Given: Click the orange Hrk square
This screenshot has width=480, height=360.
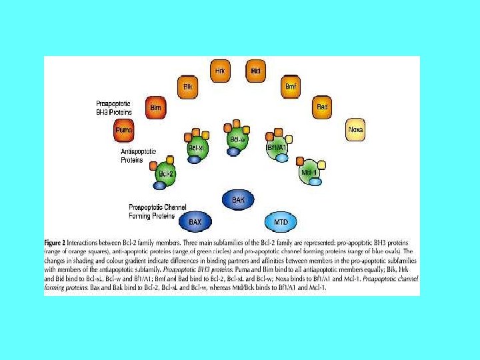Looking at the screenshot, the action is [x=220, y=69].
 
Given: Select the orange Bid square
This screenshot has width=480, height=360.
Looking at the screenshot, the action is [x=255, y=69].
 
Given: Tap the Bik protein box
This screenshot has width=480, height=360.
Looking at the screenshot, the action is [x=186, y=86].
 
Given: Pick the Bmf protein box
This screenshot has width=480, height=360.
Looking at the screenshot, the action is [x=291, y=86].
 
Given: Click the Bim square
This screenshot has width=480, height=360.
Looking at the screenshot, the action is [x=155, y=107].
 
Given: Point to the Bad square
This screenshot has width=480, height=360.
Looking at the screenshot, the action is [x=323, y=107].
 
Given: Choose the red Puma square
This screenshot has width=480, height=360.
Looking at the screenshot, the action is [x=124, y=130].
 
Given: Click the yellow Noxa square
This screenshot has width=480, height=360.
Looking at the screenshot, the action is [x=355, y=130].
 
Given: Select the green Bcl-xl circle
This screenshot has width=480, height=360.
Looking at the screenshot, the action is [x=196, y=147].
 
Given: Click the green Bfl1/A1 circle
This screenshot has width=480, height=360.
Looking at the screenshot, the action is [x=276, y=147].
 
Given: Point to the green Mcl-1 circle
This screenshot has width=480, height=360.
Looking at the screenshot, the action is [x=308, y=172].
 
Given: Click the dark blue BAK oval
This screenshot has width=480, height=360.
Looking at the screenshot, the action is [x=238, y=199].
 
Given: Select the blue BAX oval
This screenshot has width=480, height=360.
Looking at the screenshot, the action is [x=195, y=221].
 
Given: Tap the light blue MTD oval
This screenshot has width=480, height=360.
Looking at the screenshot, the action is [x=281, y=221].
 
